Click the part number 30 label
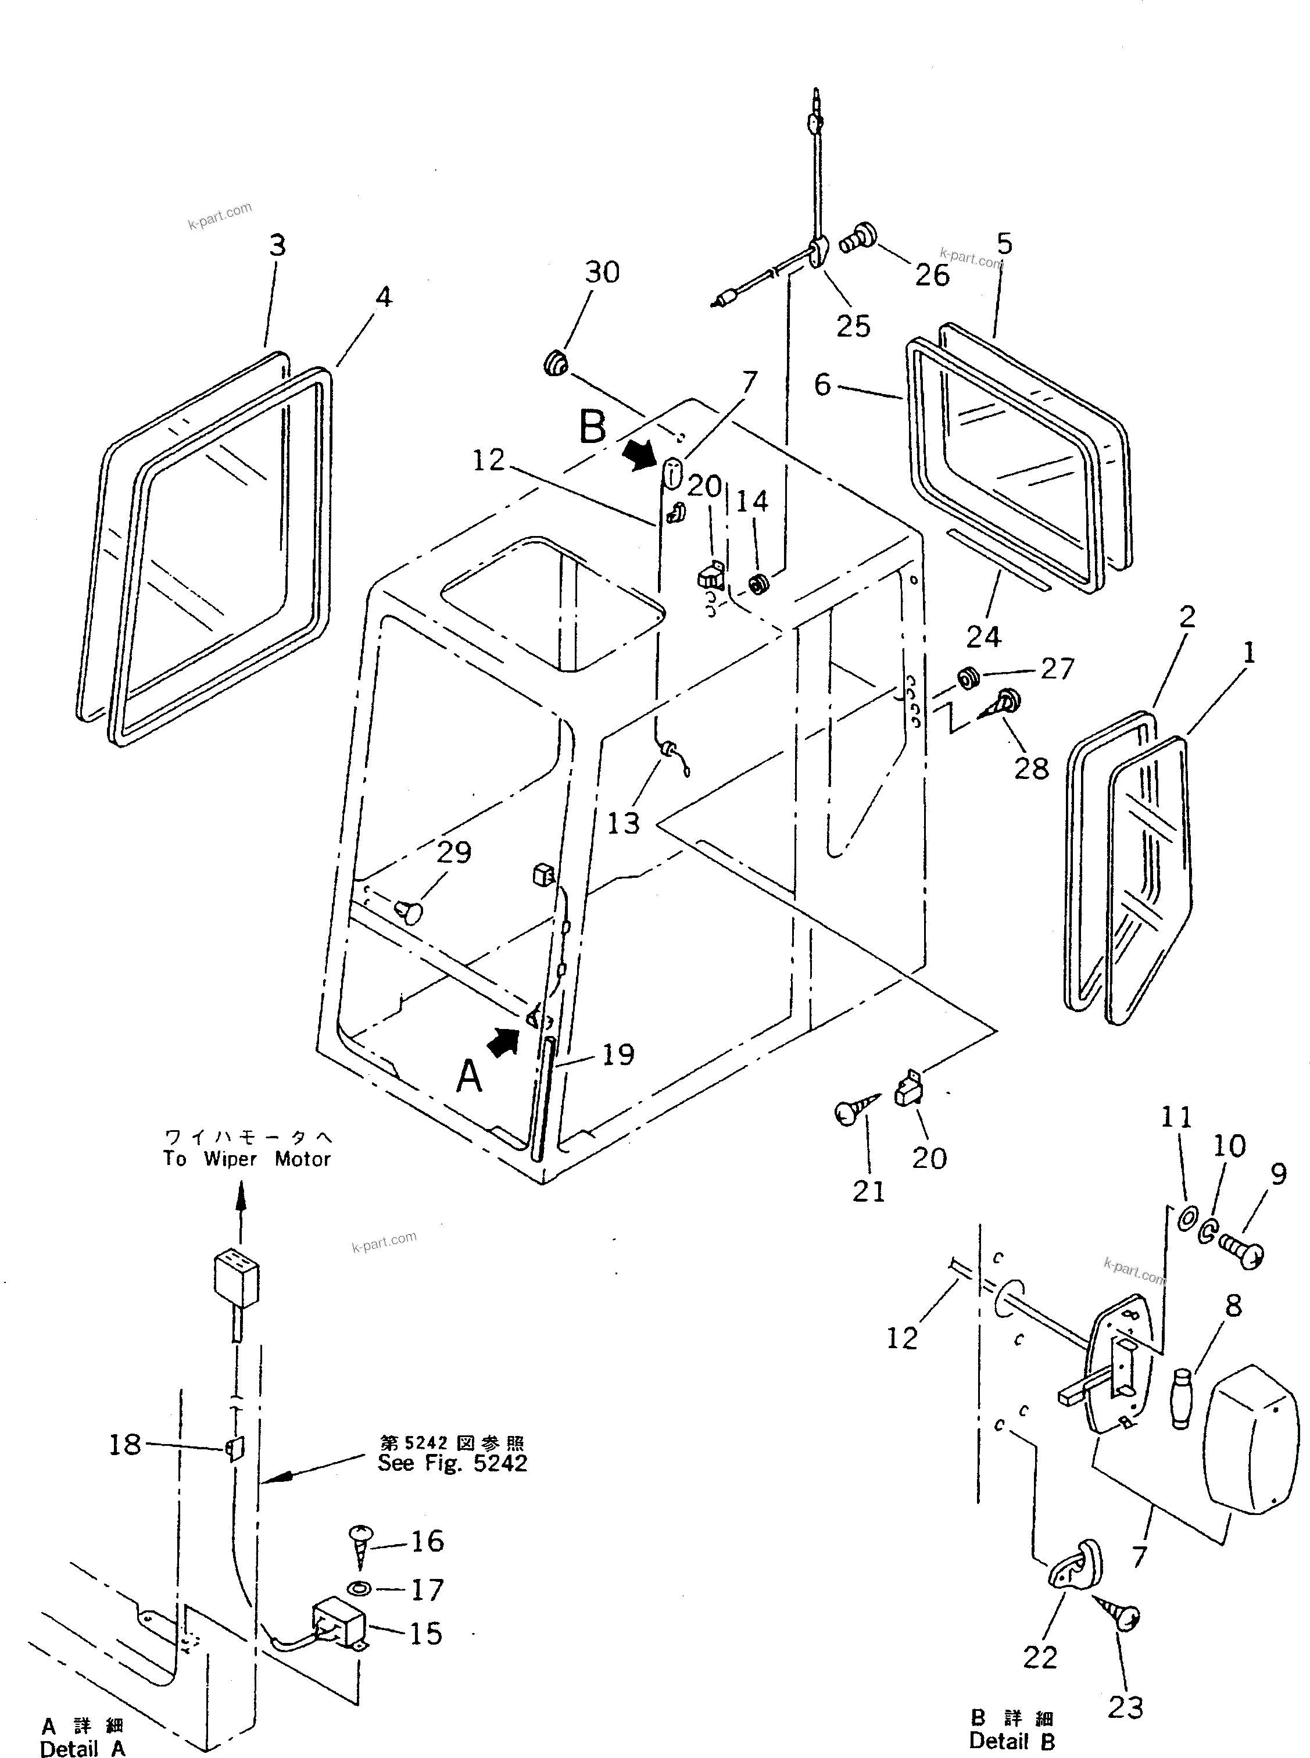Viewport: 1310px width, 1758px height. click(602, 273)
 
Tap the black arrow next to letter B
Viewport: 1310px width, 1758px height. click(639, 455)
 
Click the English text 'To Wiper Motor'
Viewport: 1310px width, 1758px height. click(246, 1159)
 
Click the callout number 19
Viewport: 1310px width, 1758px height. click(618, 1055)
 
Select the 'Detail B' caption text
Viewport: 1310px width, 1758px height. click(1012, 1741)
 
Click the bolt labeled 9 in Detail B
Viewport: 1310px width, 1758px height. click(1243, 1252)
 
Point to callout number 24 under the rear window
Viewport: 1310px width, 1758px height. click(983, 636)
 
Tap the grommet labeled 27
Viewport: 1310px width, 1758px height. click(968, 679)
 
